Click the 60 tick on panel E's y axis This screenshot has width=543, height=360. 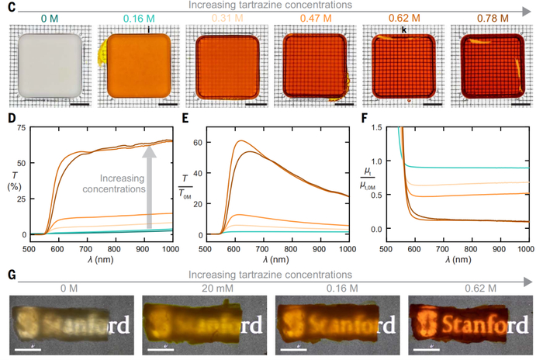point(196,142)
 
